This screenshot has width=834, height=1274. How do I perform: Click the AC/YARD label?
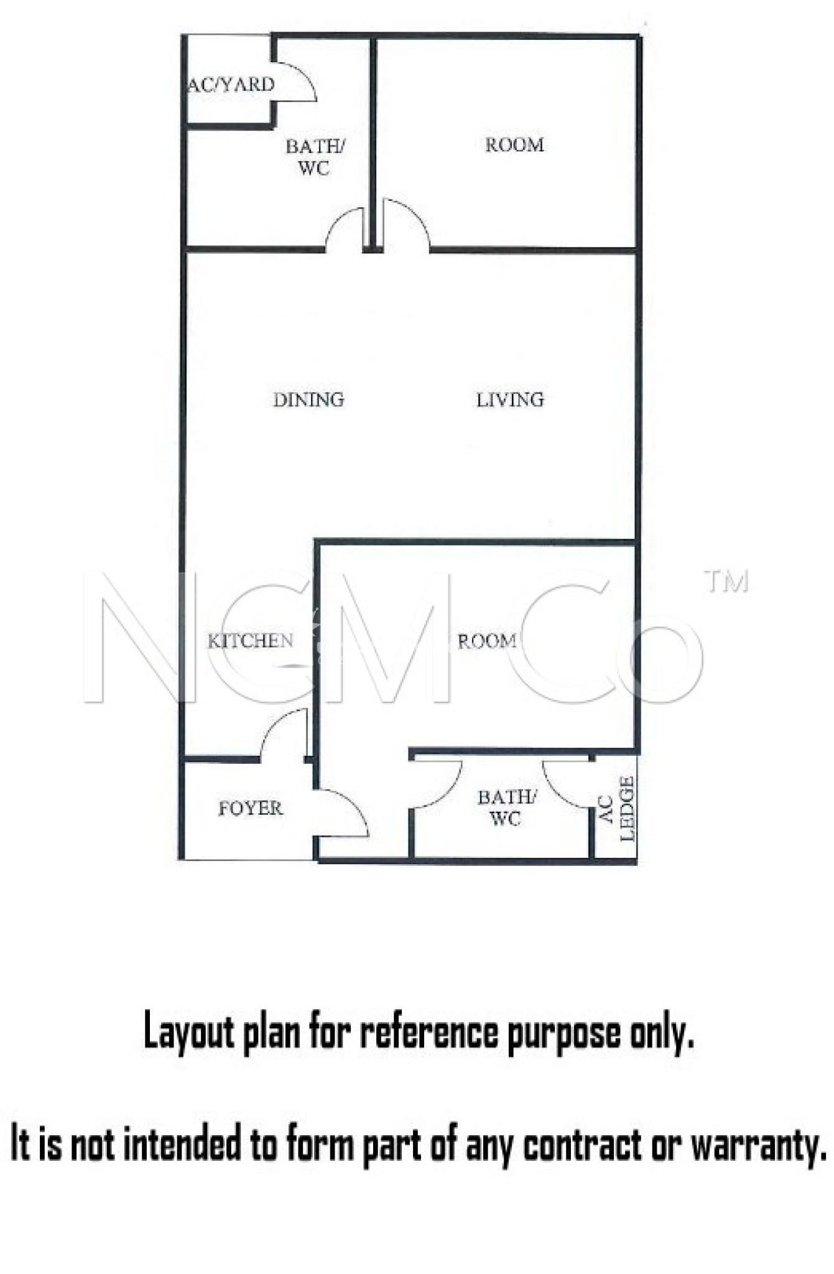(231, 85)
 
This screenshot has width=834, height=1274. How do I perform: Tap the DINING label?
(308, 399)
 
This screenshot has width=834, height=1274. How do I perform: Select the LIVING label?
(510, 399)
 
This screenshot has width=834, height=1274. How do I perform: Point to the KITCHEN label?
(250, 641)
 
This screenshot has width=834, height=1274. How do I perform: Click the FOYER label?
(250, 808)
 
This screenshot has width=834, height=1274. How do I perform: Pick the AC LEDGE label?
(618, 809)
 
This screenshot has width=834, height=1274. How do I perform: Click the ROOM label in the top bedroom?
(514, 145)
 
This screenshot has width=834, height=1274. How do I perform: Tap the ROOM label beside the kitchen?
(487, 641)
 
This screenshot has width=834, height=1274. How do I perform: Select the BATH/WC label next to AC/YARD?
(315, 157)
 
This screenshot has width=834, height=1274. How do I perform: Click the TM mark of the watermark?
(726, 581)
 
